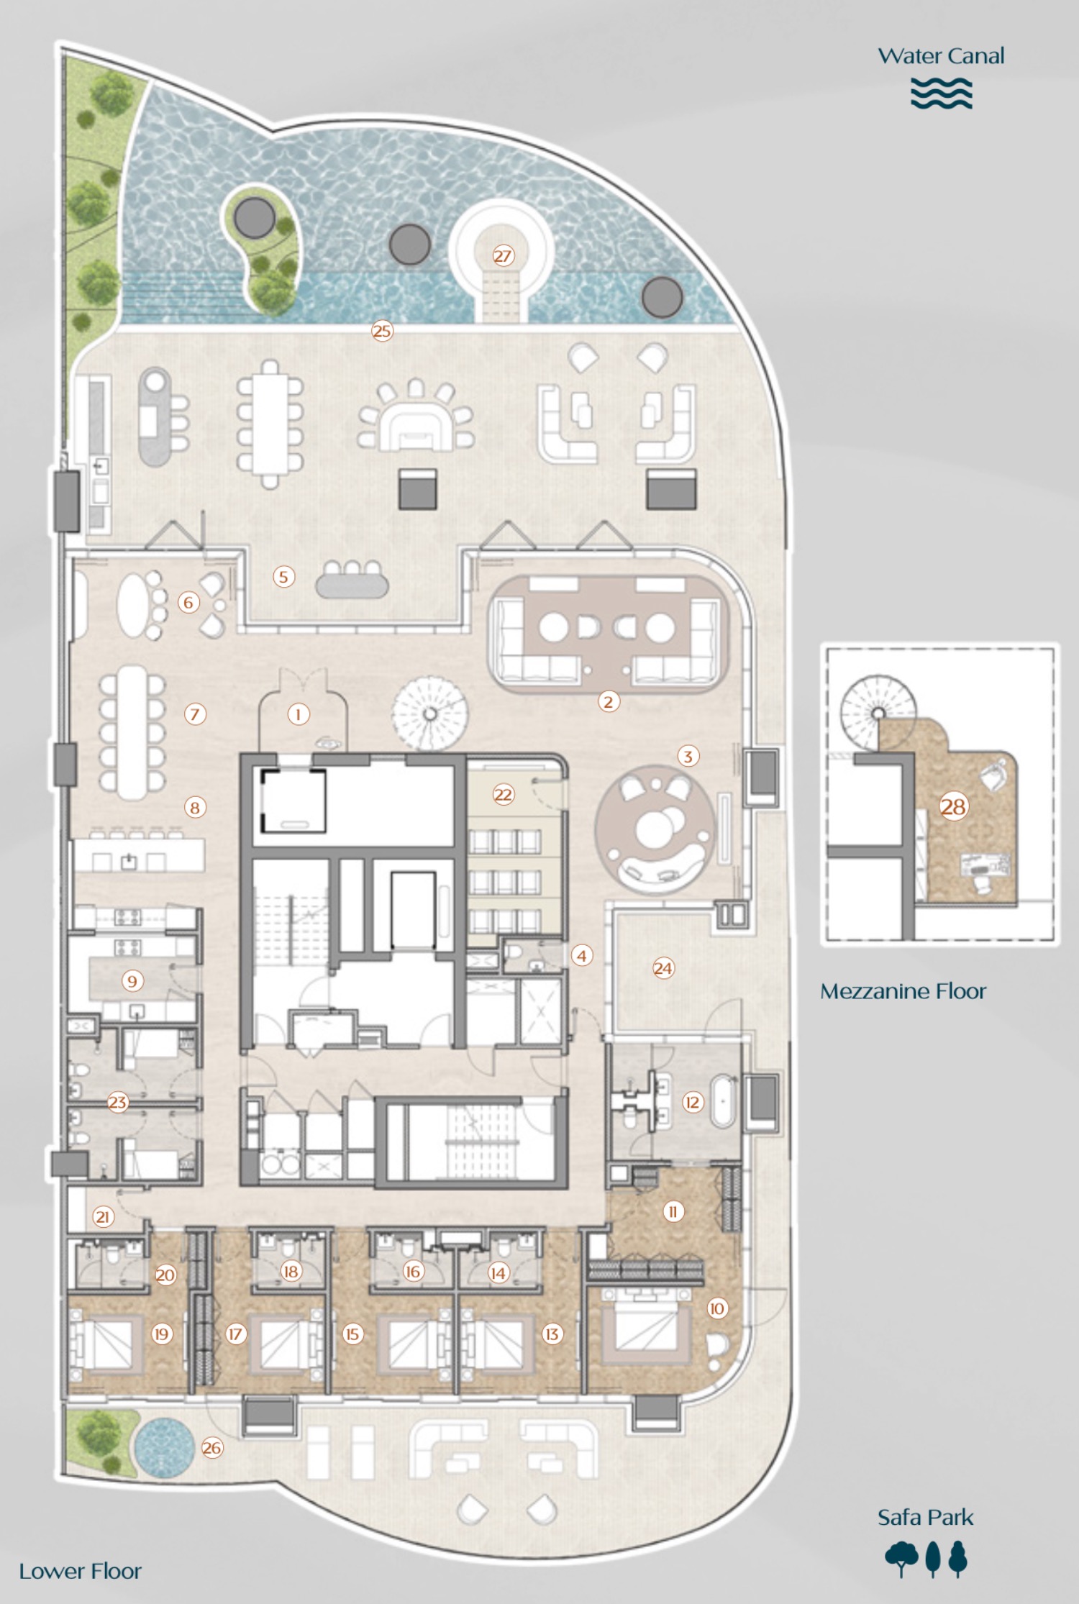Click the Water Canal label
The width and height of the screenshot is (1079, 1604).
[x=941, y=56]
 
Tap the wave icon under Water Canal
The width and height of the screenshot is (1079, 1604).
[x=941, y=94]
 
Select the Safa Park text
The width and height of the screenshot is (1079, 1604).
[x=925, y=1517]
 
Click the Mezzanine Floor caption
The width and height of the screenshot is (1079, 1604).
[x=903, y=991]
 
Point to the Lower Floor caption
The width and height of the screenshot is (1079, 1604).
[x=81, y=1571]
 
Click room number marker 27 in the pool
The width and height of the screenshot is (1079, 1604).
[x=503, y=255]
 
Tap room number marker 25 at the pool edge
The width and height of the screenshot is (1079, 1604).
[x=382, y=331]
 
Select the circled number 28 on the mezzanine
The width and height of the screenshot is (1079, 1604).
[x=953, y=806]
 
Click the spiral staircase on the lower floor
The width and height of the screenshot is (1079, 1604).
[x=429, y=713]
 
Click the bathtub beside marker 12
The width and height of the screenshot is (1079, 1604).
[x=723, y=1101]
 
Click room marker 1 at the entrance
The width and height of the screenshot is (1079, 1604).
[x=299, y=714]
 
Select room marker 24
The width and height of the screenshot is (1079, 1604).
[x=663, y=968]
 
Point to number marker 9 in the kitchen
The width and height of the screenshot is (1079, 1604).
[x=132, y=980]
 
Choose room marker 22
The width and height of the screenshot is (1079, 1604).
[x=503, y=794]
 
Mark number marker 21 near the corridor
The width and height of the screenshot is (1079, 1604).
[x=103, y=1216]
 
